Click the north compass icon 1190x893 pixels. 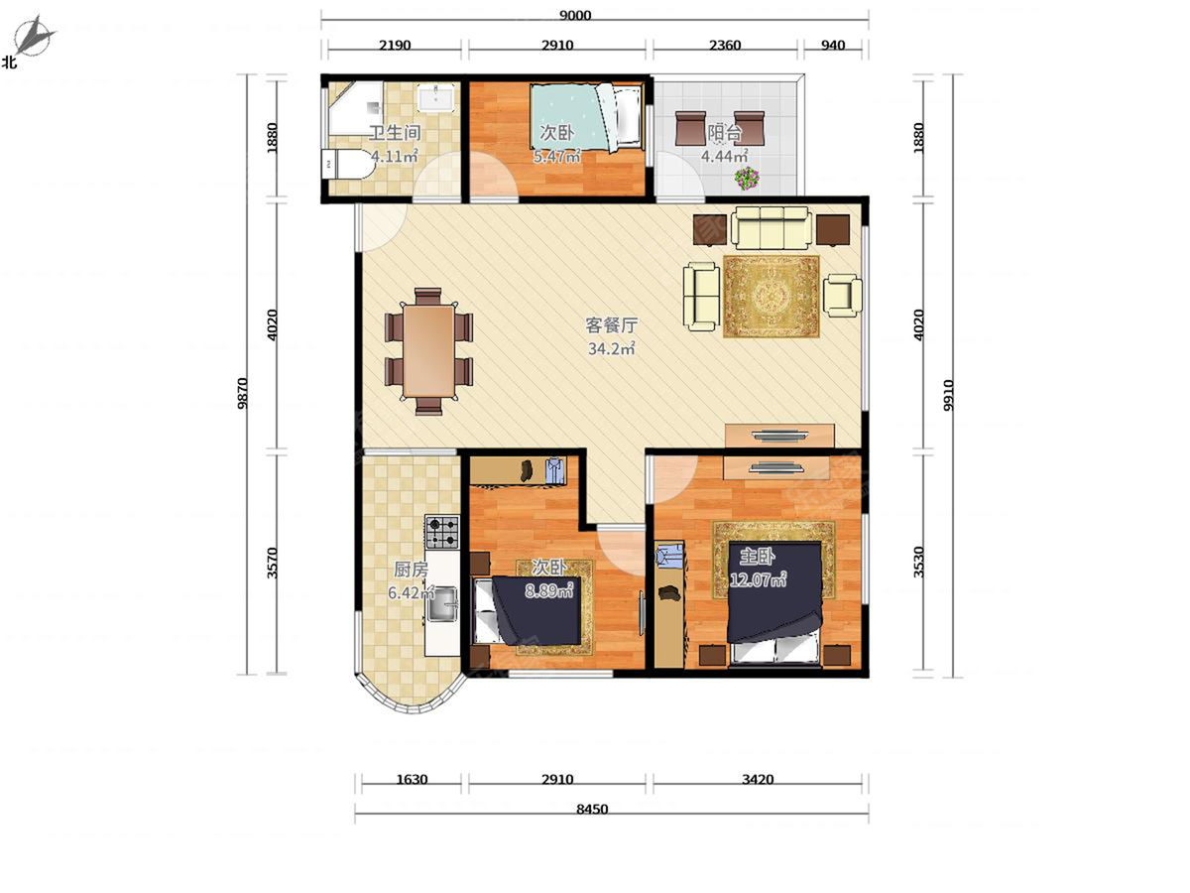(34, 37)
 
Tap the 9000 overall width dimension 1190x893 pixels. (574, 15)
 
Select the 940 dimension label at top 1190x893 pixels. (833, 45)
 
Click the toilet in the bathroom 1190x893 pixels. (347, 164)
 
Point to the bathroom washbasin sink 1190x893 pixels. (436, 97)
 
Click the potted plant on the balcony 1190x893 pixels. (747, 178)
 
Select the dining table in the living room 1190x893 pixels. (428, 351)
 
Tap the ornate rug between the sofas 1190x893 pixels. (772, 297)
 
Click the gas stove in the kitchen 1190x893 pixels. (442, 532)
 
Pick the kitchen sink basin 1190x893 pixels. (442, 604)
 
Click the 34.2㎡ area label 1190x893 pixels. (612, 348)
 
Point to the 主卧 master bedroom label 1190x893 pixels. (758, 557)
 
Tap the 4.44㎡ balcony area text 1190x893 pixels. (724, 156)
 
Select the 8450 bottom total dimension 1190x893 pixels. (592, 810)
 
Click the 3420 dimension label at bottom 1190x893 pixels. (758, 780)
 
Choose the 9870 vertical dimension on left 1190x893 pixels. (242, 394)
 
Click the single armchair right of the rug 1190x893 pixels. (842, 296)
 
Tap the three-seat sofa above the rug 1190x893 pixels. (772, 228)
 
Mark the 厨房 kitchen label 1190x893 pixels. (411, 570)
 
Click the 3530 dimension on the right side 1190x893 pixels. (918, 563)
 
